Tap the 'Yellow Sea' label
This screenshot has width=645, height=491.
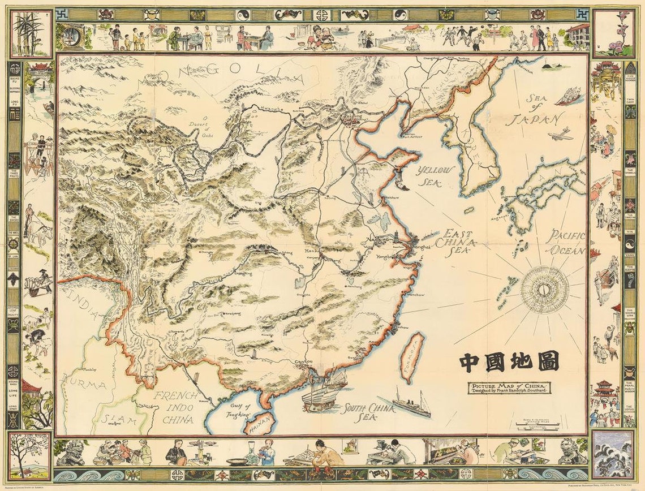435,176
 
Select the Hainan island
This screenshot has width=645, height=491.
261,423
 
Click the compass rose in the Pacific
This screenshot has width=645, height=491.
544,289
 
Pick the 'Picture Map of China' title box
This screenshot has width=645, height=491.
508,388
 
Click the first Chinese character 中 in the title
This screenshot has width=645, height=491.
470,361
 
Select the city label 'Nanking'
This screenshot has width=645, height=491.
379,239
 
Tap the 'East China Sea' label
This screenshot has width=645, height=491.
458,244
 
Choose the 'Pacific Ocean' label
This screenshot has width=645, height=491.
565,242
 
